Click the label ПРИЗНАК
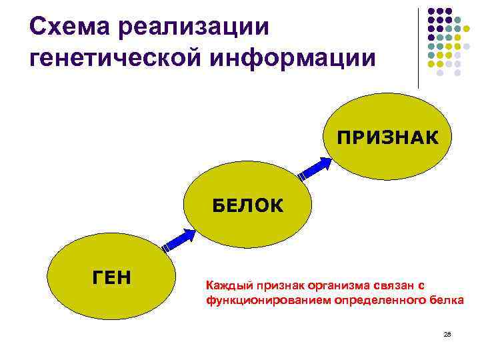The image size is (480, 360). point(387,138)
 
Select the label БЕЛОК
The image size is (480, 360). point(248,205)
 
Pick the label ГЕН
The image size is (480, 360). point(111,276)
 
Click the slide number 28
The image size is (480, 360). point(447,333)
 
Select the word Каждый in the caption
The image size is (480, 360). point(225,286)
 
